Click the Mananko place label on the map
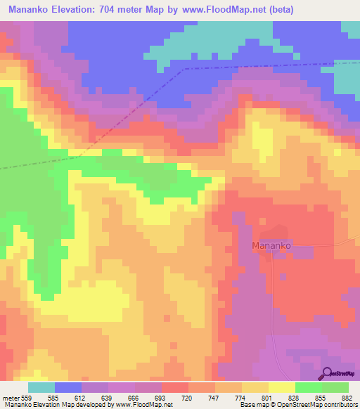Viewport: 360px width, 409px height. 271,247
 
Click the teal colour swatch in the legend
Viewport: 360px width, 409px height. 41,387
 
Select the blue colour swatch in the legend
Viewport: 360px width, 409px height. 68,387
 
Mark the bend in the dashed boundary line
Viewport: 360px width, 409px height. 182,70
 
